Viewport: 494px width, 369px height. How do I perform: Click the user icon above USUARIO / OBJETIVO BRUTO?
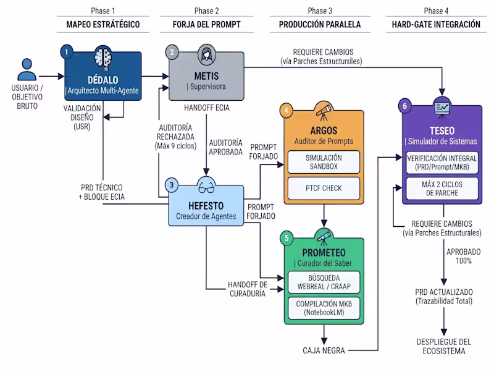[x=27, y=69]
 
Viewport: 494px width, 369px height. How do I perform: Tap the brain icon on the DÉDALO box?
[x=103, y=58]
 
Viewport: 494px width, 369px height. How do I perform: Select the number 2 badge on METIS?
[x=172, y=52]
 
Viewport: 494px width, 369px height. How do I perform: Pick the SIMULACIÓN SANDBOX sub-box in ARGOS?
[x=324, y=162]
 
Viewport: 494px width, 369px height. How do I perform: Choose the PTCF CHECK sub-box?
[x=324, y=189]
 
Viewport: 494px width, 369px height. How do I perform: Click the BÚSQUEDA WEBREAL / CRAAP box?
[x=324, y=282]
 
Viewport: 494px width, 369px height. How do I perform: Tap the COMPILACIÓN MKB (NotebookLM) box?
[x=324, y=308]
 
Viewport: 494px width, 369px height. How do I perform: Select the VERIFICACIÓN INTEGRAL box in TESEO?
[x=442, y=163]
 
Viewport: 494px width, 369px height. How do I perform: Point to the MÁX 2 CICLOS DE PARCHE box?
[x=442, y=189]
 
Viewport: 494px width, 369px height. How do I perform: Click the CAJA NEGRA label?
[x=324, y=350]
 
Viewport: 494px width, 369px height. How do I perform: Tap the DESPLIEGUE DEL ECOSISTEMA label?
[x=443, y=346]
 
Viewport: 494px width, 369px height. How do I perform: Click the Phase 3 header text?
[x=320, y=11]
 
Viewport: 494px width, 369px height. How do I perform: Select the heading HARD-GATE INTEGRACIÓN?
[x=436, y=25]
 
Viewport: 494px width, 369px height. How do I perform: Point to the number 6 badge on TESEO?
[x=405, y=106]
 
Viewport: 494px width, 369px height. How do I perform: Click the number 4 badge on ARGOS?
[x=287, y=111]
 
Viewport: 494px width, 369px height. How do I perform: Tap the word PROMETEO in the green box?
[x=324, y=253]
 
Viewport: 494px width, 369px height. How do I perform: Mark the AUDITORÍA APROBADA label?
[x=225, y=147]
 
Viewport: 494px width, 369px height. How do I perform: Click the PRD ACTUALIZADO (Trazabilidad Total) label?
[x=443, y=297]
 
